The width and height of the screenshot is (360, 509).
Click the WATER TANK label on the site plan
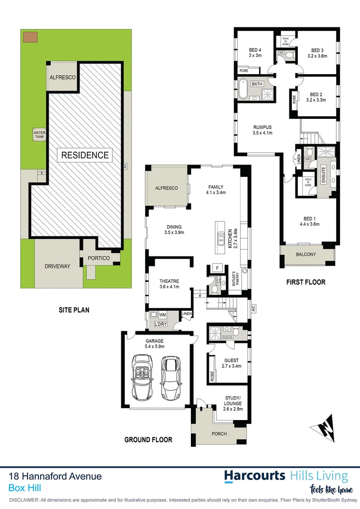39,135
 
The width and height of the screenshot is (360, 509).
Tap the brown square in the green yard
29,36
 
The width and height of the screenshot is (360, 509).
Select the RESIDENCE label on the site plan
85,155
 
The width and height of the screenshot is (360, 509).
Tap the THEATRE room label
169,284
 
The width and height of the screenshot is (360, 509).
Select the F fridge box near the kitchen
217,268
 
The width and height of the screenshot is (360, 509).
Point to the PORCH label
219,433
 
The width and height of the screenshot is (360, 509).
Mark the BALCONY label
305,254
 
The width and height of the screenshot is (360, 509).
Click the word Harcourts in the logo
254,476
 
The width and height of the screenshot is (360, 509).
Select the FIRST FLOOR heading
305,282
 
